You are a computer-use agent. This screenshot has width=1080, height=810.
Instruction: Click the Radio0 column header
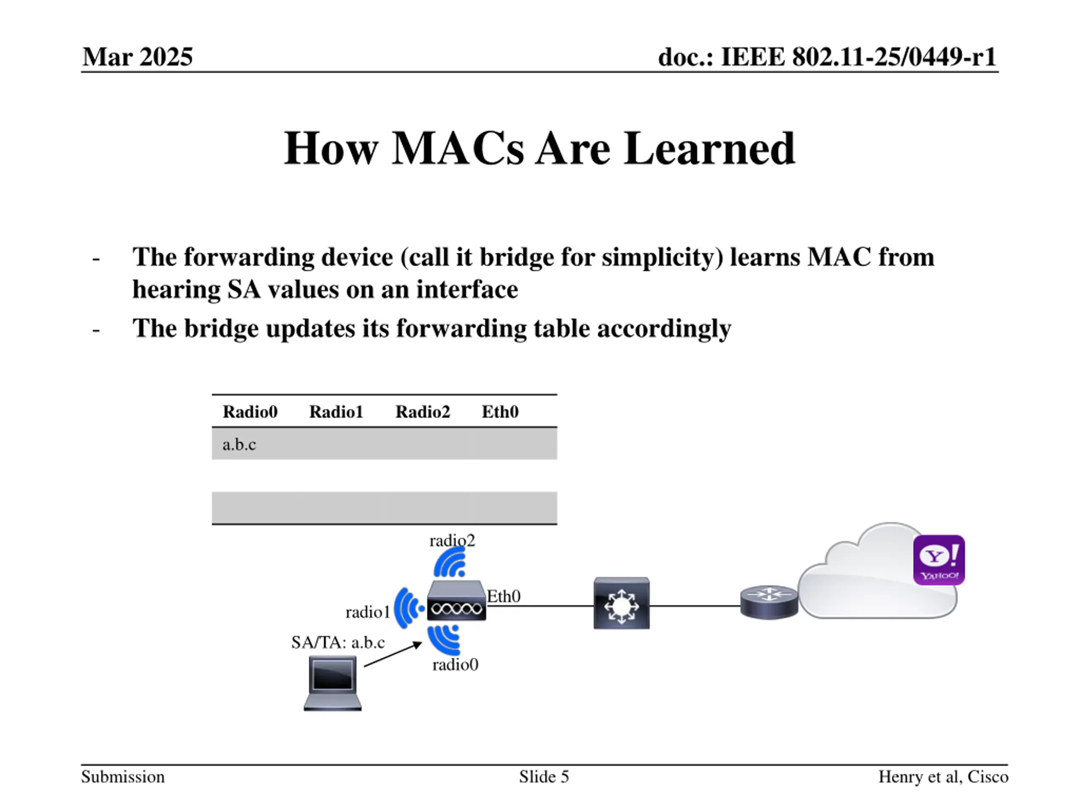point(250,412)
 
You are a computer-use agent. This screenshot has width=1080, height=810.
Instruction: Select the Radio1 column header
point(336,412)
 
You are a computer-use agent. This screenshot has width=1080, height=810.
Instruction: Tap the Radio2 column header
point(422,412)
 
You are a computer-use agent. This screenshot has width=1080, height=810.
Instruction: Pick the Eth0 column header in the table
point(500,412)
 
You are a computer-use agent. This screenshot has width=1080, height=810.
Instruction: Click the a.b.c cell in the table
point(239,444)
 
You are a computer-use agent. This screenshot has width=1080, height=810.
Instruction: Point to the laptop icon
point(332,683)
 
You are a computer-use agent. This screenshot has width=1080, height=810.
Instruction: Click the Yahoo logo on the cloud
point(938,559)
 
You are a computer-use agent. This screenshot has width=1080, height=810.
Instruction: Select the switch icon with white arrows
point(621,603)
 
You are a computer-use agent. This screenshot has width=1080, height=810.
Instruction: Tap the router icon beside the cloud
point(769,602)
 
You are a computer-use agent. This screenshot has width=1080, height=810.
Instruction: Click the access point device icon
point(456,602)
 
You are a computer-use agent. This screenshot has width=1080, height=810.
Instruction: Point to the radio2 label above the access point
point(452,540)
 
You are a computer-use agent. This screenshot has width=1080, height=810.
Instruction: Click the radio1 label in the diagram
point(367,612)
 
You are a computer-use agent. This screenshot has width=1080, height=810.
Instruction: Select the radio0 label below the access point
point(455,664)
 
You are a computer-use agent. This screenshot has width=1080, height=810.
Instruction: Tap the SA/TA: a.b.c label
point(338,642)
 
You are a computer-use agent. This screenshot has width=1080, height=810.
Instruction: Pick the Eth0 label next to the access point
point(504,596)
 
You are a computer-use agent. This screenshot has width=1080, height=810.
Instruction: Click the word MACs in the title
point(457,148)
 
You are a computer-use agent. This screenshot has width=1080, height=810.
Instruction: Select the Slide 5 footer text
point(544,776)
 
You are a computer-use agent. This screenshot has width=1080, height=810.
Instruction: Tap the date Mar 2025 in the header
point(138,57)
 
